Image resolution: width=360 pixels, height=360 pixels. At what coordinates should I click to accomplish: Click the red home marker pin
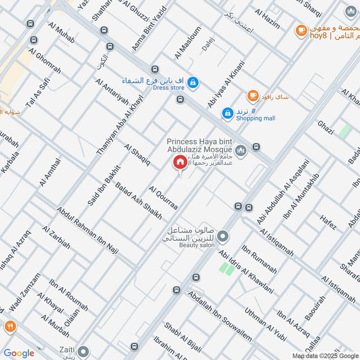tap(180, 162)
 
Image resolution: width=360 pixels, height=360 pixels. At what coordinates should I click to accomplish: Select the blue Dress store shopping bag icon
tap(193, 82)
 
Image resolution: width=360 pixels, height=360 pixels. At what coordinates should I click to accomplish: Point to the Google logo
tap(19, 353)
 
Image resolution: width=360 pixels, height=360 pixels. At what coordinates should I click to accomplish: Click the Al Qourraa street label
tap(163, 197)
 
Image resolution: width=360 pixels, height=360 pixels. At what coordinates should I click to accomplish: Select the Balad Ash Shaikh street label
tap(138, 201)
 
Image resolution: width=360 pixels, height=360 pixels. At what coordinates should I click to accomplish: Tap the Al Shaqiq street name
tap(137, 154)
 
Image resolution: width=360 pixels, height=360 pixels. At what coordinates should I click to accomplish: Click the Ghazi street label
tap(325, 128)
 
